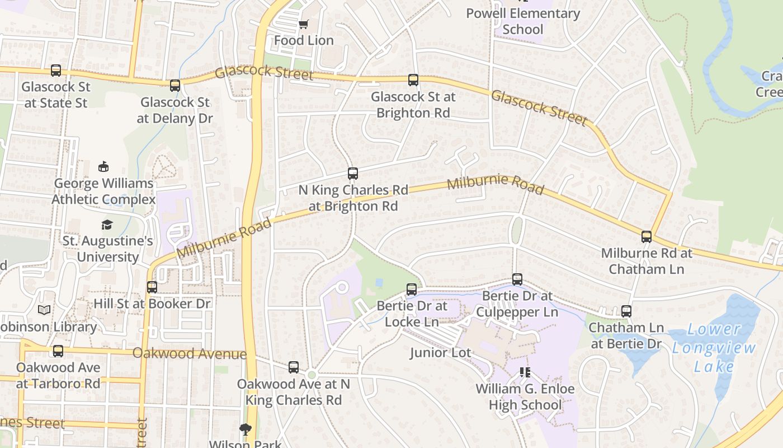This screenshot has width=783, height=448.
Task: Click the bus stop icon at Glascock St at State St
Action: click(56, 71)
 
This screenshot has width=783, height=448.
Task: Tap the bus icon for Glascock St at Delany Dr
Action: click(175, 86)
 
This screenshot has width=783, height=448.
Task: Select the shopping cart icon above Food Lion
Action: click(303, 25)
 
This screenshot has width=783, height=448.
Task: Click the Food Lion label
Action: click(304, 40)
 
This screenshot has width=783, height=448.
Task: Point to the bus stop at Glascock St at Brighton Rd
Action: click(413, 80)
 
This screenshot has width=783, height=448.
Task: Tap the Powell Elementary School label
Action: click(523, 21)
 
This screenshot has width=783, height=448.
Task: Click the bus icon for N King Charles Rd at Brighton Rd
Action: click(353, 174)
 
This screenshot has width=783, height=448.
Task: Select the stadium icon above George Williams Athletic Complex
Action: click(103, 166)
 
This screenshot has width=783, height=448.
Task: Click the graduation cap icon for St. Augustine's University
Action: click(107, 225)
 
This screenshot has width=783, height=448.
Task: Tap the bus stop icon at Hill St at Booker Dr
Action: click(152, 287)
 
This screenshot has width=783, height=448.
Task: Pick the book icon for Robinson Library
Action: click(44, 310)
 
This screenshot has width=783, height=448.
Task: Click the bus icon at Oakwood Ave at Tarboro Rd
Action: click(58, 351)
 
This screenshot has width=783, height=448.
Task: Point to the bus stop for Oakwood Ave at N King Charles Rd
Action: click(294, 367)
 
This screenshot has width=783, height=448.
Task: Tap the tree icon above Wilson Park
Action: click(245, 430)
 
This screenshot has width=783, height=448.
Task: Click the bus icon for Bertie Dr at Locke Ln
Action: click(412, 290)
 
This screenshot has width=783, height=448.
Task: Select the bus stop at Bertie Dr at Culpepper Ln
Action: click(517, 279)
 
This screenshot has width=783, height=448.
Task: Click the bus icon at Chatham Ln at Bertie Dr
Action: click(626, 311)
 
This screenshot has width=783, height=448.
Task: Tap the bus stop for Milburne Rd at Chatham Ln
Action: click(647, 237)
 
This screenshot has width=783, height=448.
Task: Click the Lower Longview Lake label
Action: click(714, 348)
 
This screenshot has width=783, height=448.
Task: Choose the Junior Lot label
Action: click(440, 353)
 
